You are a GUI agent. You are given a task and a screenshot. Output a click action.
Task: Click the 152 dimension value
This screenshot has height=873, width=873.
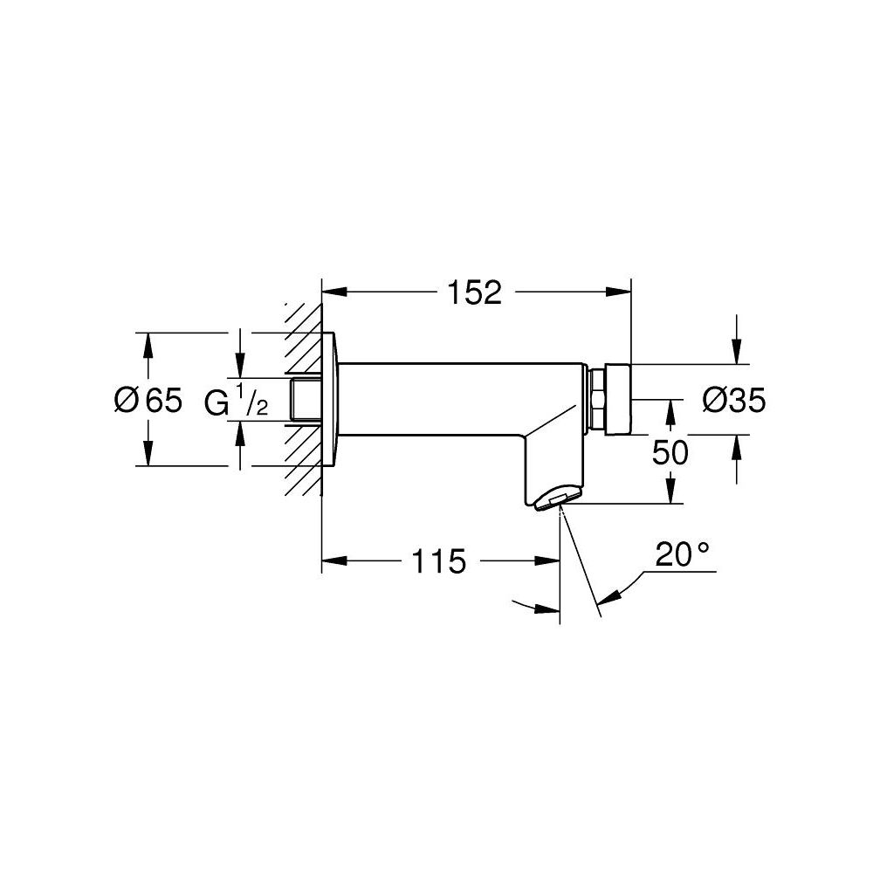476,293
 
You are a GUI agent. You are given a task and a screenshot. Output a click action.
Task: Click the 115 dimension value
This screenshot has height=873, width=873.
439,562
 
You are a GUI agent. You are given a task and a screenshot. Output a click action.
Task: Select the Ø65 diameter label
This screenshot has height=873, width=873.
148,400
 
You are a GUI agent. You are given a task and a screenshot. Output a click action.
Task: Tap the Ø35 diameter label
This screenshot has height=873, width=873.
733,400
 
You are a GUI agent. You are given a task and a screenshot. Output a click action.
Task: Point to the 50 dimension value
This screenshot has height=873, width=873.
670,452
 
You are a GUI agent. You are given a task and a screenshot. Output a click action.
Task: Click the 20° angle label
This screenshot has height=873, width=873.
682,555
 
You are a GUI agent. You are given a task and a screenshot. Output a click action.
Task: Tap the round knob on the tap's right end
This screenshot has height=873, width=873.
617,400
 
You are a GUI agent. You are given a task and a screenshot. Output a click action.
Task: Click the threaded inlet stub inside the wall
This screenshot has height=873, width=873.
306,400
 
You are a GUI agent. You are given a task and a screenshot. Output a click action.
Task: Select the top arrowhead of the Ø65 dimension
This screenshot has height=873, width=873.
148,342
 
